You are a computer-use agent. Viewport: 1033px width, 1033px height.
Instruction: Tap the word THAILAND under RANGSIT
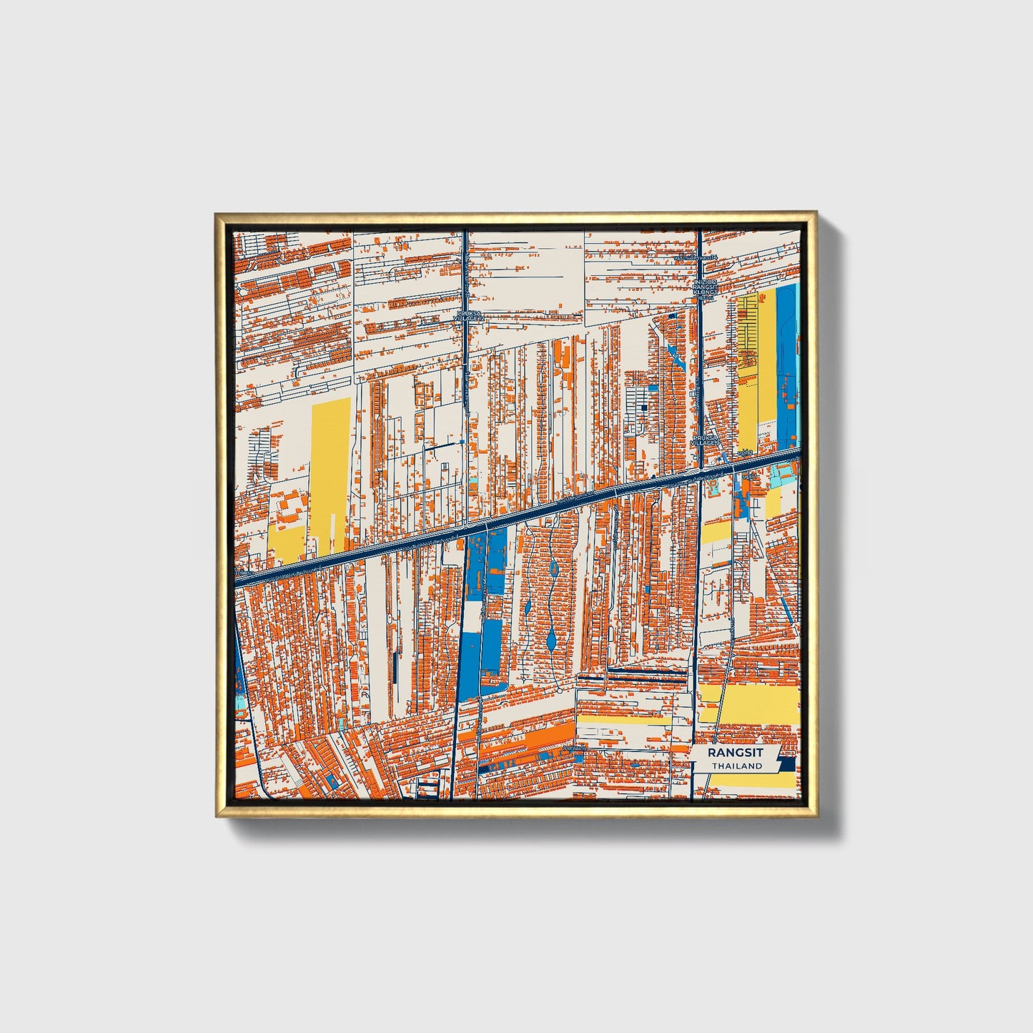[x=736, y=766]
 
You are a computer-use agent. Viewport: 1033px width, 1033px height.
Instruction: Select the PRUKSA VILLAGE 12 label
[x=471, y=315]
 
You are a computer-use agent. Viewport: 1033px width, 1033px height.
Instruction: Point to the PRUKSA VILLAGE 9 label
[x=704, y=440]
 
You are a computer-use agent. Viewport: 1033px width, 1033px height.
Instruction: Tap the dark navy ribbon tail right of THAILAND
[x=786, y=765]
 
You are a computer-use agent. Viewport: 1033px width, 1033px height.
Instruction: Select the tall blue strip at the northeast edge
[x=786, y=365]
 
